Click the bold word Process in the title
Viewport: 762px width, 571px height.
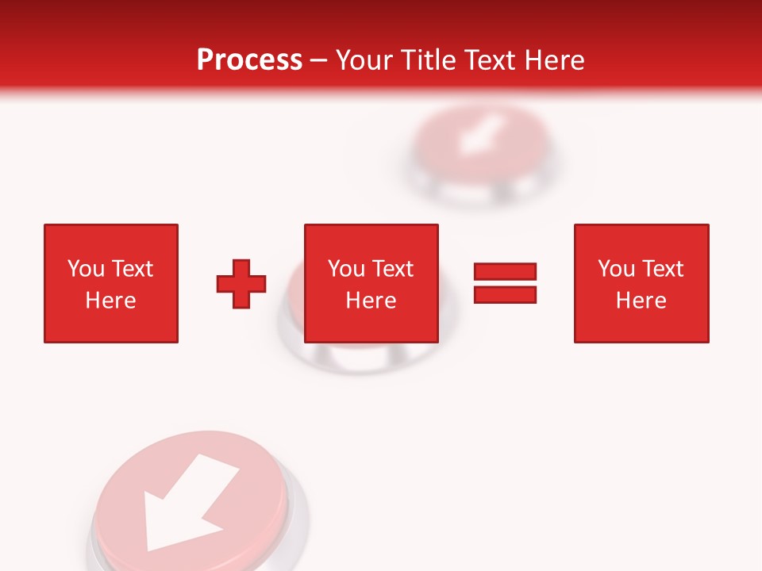[249, 60]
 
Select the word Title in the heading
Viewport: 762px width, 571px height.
[429, 60]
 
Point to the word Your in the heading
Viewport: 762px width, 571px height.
[366, 60]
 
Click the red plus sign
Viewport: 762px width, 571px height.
[241, 283]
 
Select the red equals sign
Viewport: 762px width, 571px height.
[505, 283]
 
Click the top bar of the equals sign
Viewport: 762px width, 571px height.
[505, 272]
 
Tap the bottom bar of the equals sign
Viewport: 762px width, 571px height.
[505, 294]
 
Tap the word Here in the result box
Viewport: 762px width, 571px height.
[641, 301]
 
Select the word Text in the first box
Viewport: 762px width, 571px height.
[133, 269]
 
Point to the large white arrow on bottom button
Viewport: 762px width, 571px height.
[187, 504]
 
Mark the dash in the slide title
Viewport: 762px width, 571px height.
[319, 61]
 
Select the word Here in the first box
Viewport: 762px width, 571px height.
[110, 301]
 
